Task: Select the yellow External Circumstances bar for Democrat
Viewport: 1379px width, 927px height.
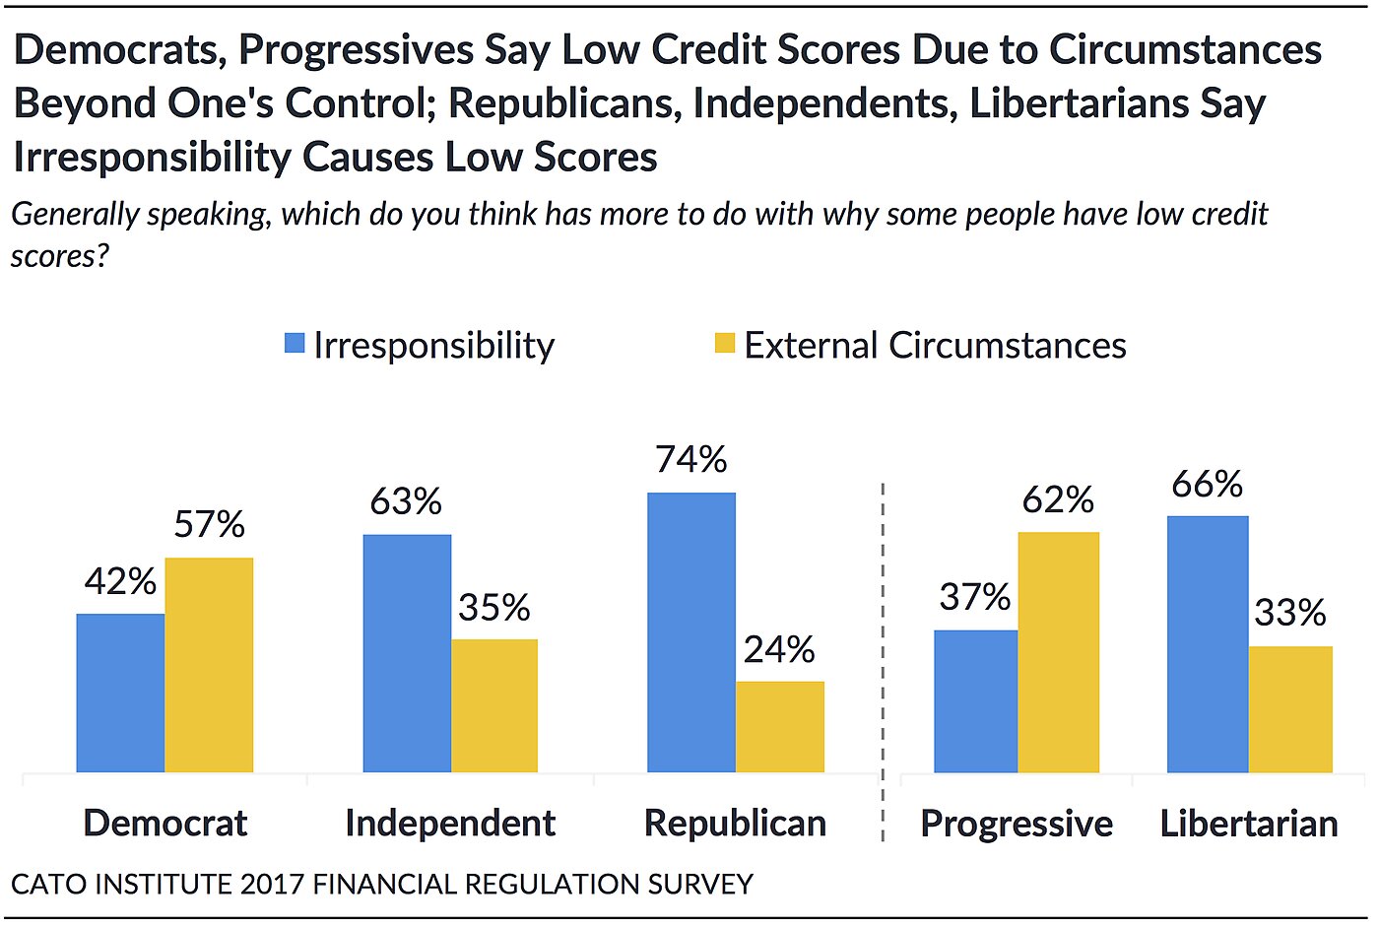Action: point(209,665)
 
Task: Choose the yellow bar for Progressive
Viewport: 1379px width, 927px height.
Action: point(1059,652)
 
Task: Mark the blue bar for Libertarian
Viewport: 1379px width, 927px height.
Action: point(1208,644)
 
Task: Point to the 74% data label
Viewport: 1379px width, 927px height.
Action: point(691,460)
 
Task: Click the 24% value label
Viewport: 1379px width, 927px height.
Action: point(779,650)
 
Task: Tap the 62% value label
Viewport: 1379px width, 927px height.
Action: point(1058,500)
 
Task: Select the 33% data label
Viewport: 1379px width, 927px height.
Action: point(1289,614)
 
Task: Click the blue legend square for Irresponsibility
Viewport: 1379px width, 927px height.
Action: point(295,344)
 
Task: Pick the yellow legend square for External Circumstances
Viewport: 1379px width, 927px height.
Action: point(725,344)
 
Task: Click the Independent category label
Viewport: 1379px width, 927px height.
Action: point(450,824)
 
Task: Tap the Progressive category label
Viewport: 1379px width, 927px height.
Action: point(1017,824)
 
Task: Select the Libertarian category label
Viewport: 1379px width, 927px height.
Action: point(1249,824)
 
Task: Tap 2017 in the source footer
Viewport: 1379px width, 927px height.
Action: point(273,884)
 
